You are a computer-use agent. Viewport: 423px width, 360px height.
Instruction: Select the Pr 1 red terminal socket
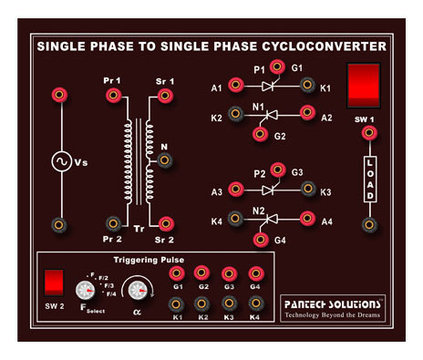click(113, 95)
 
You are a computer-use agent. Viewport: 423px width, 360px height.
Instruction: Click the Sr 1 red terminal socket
click(165, 95)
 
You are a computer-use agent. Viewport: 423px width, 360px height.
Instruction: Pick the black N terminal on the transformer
click(165, 160)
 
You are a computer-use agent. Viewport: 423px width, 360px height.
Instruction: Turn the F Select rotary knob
click(86, 290)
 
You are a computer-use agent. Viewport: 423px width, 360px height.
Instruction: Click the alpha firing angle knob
click(138, 290)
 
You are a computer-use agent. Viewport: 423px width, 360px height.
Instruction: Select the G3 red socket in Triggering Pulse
click(229, 273)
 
